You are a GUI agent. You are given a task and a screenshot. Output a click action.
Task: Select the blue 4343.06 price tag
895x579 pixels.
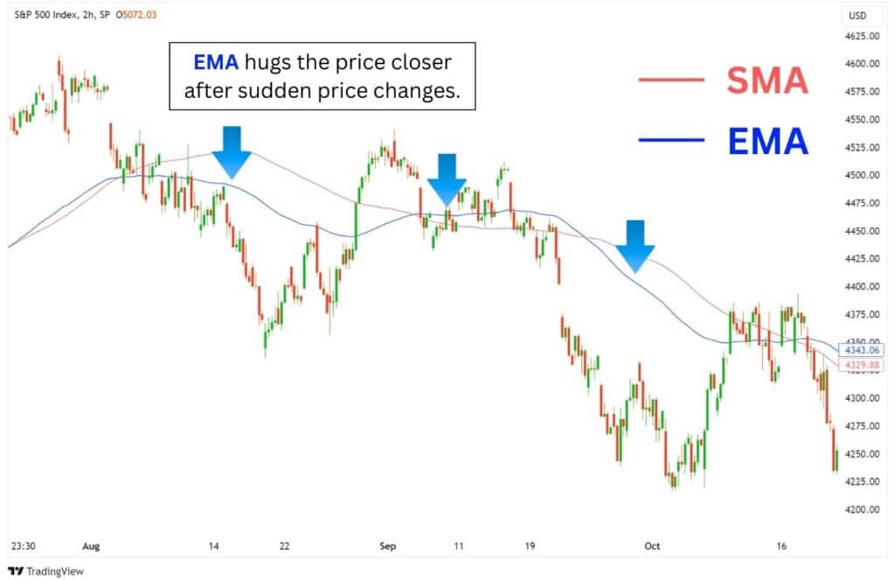coord(859,349)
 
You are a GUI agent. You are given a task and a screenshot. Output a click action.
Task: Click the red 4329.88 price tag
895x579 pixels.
coord(859,363)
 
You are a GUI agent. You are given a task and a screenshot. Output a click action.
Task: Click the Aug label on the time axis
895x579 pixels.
coord(91,546)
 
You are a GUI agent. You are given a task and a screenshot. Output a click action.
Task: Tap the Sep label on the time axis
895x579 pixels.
coord(388,546)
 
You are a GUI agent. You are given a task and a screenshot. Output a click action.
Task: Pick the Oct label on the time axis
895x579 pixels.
coord(652,546)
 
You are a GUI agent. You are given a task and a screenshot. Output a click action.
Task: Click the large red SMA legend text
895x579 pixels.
coord(767,81)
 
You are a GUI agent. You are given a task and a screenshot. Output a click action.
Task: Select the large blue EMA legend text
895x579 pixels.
coord(767,140)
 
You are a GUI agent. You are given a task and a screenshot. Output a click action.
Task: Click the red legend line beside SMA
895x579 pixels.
coord(670,80)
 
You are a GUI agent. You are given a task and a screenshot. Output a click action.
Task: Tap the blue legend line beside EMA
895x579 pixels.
coord(670,140)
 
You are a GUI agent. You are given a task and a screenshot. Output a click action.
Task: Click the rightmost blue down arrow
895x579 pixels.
coord(635,245)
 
